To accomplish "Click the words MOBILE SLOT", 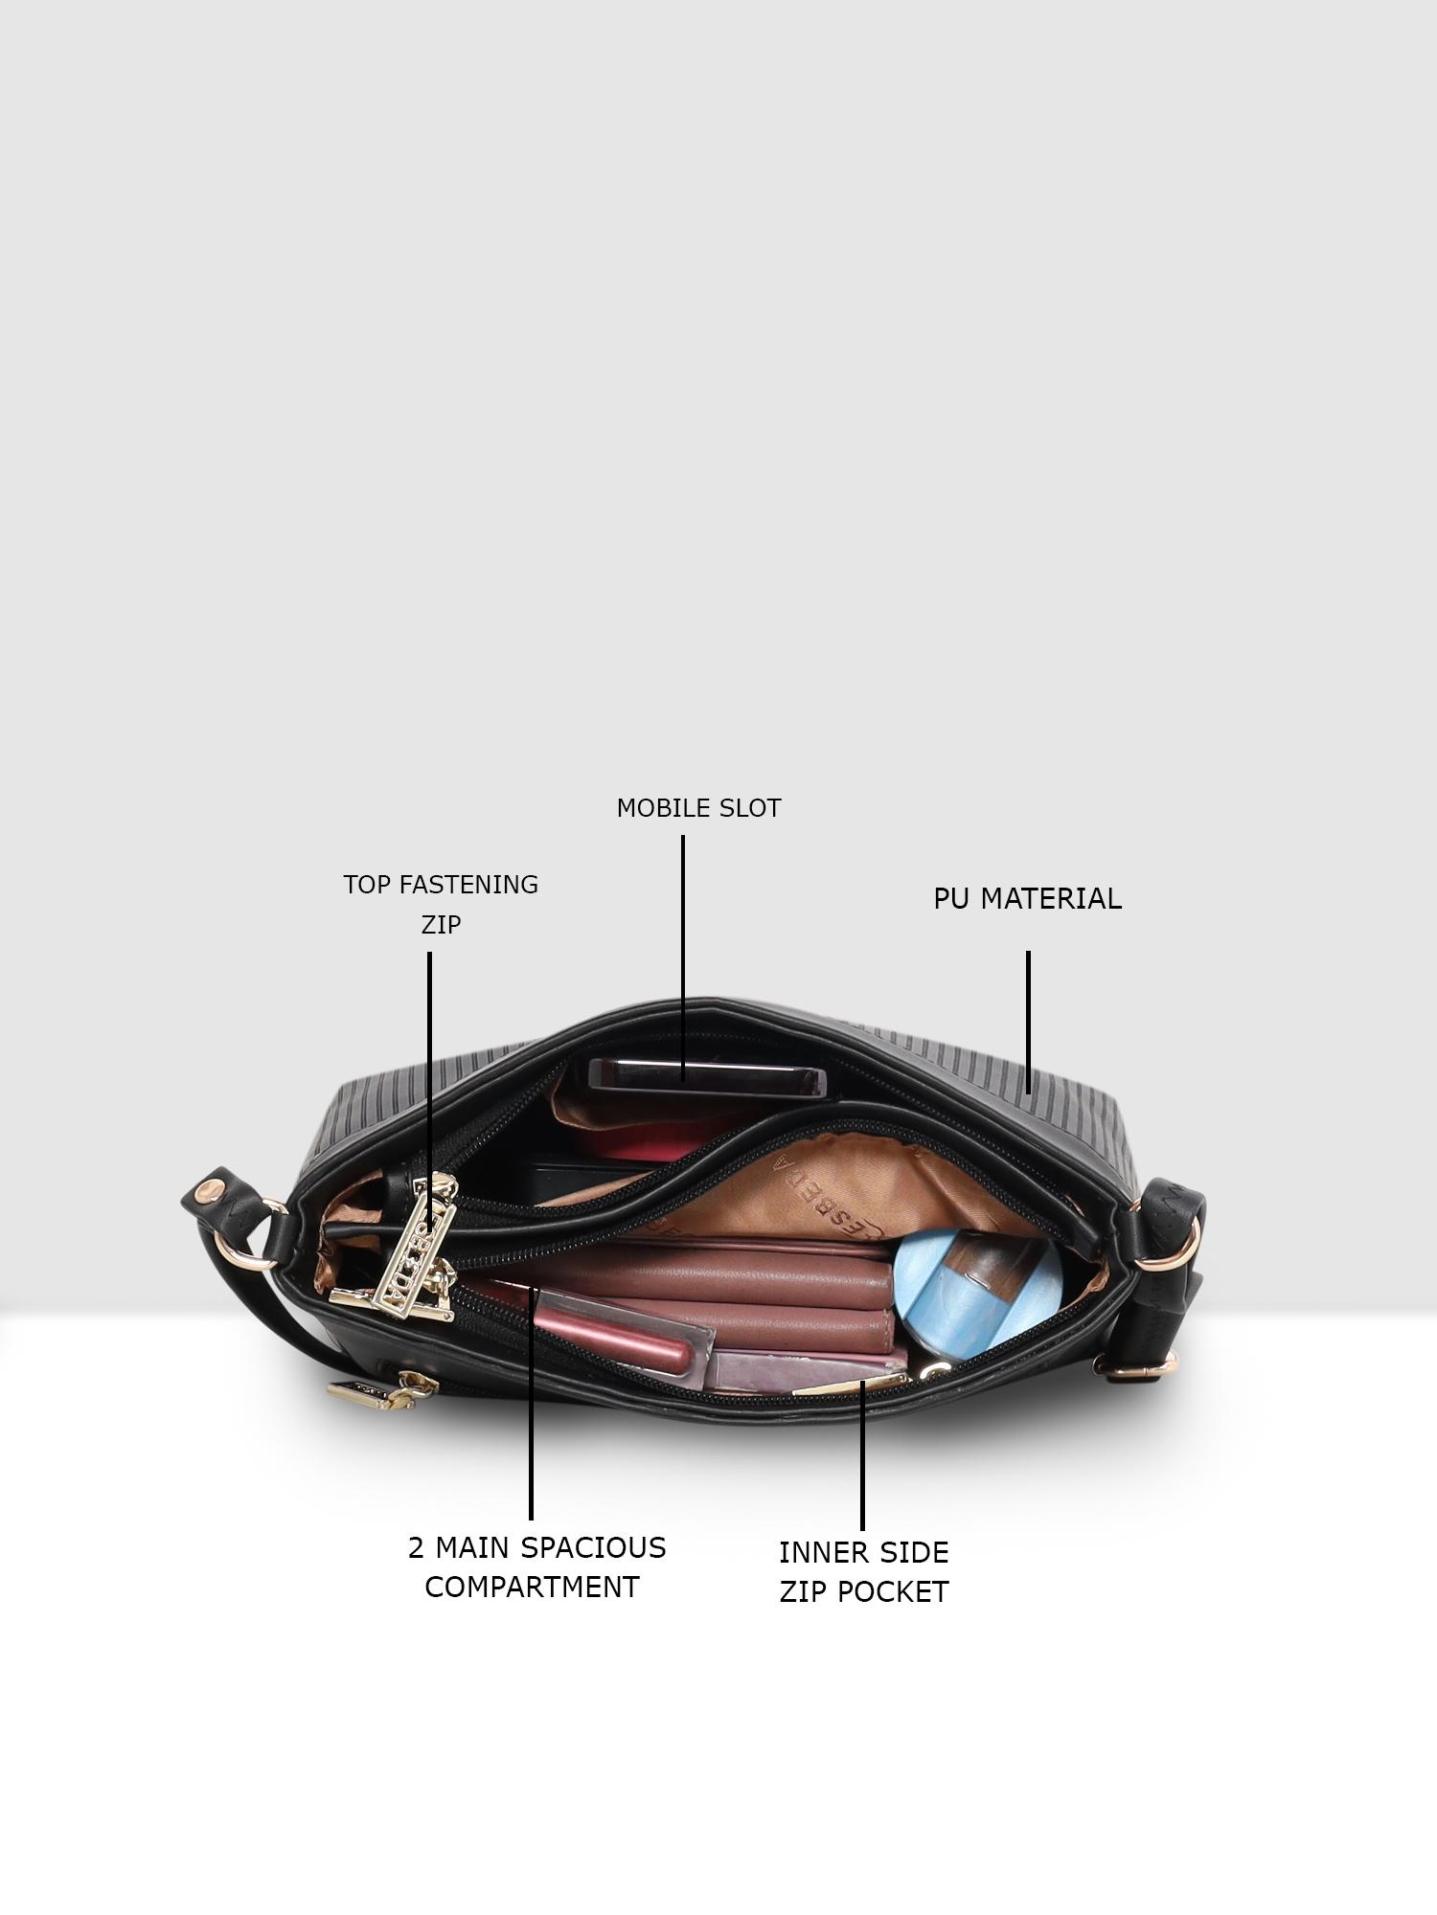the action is [x=698, y=808].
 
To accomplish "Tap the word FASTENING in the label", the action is [x=468, y=885].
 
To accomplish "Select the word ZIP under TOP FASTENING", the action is [x=441, y=925].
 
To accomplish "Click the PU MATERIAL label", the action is [x=1027, y=899].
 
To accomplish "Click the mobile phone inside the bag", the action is [x=707, y=1079].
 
